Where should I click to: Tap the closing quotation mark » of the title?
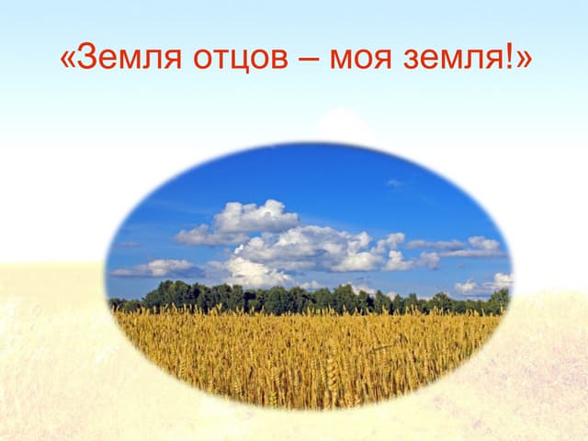[524, 62]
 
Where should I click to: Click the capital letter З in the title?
[87, 58]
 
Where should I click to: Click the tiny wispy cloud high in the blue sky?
[393, 183]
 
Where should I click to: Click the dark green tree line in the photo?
[312, 300]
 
